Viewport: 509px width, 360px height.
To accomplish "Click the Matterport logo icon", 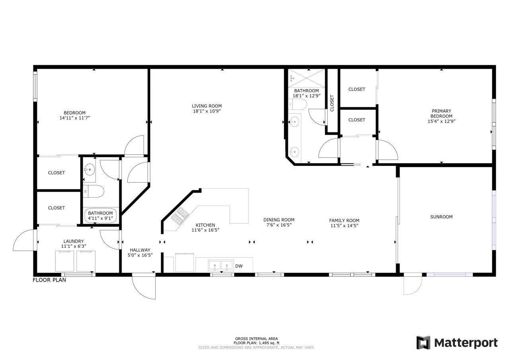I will click(424, 342).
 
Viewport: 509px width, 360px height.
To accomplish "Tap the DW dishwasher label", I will click(239, 266).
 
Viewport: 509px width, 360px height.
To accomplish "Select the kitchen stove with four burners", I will click(180, 215).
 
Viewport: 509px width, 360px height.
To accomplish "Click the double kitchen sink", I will click(221, 265).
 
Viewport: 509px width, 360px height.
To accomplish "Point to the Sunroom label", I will click(441, 217).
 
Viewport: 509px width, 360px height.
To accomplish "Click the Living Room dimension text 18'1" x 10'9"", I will click(207, 111).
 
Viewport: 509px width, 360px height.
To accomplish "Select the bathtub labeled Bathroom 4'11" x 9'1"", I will click(101, 215).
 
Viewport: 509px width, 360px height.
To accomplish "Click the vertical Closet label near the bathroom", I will click(332, 103).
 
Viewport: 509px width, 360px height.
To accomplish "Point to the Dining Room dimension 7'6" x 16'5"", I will click(279, 226).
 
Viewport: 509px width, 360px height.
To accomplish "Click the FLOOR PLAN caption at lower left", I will click(49, 280).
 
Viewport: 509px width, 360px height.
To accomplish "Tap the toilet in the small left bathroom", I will click(94, 192).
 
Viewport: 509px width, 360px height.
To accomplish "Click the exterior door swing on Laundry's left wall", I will click(24, 241).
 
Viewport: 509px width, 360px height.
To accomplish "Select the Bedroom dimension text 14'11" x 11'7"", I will click(75, 118).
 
